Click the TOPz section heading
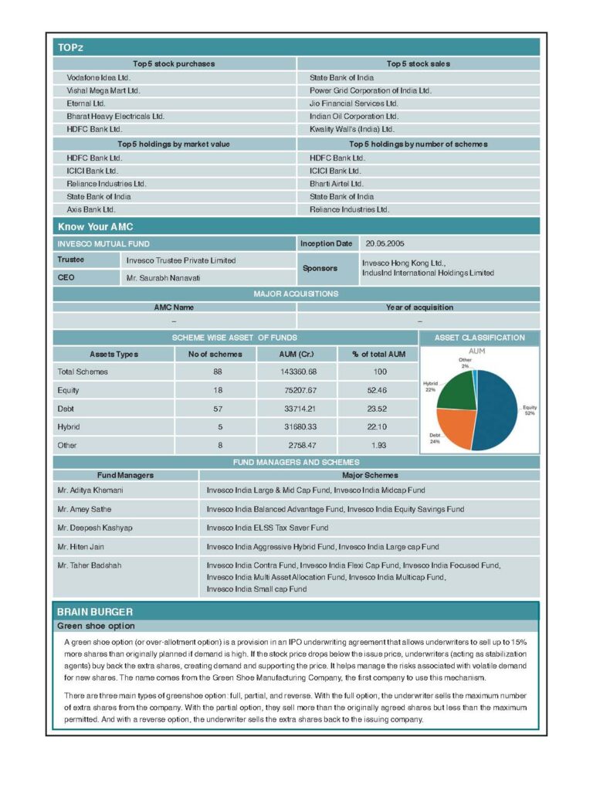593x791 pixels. (70, 48)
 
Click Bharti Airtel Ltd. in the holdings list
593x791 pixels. (336, 184)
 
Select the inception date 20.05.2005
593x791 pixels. (385, 244)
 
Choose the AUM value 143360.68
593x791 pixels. (297, 372)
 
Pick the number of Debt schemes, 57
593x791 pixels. (218, 409)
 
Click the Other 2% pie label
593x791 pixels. (465, 362)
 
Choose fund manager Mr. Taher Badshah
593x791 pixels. (90, 565)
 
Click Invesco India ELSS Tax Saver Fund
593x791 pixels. (267, 528)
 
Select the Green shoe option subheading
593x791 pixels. (96, 626)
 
